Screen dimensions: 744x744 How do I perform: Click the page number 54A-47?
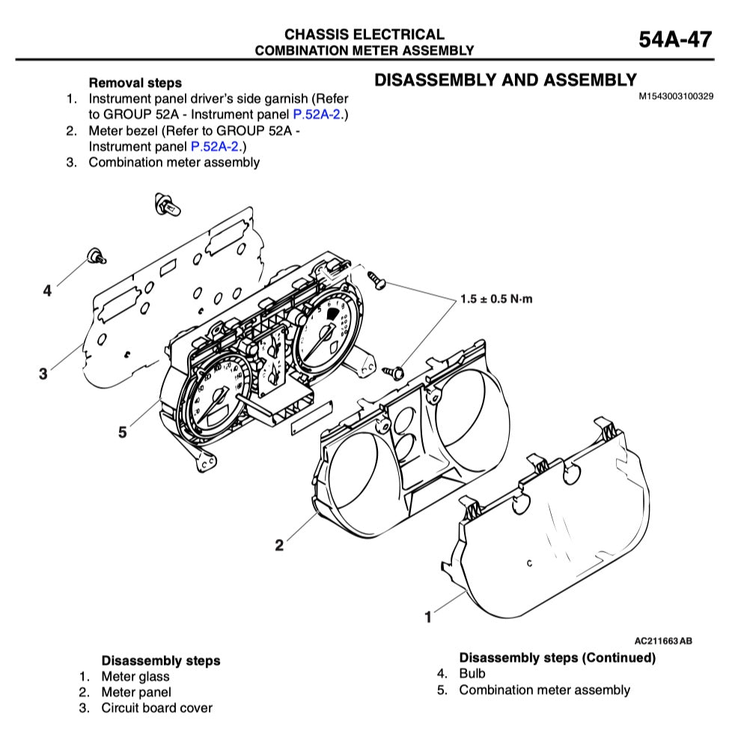point(675,40)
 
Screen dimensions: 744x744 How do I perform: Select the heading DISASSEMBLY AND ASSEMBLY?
point(505,80)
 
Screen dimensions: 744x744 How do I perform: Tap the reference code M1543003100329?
point(675,97)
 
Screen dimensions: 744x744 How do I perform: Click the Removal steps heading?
point(135,83)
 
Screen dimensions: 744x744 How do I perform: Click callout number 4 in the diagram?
point(47,291)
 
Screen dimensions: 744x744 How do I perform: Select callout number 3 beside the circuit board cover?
point(43,373)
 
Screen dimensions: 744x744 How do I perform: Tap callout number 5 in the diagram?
point(122,432)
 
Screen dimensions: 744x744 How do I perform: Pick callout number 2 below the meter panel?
point(279,545)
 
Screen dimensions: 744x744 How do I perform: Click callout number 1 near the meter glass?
point(428,618)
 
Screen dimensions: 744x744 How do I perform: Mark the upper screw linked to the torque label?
point(376,280)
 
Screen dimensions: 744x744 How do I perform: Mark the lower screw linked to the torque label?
point(392,370)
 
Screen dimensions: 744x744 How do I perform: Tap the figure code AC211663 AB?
point(662,641)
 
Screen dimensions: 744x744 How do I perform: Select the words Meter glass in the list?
point(135,677)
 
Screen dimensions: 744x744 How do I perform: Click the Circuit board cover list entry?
point(156,708)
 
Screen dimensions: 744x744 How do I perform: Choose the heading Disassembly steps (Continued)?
point(557,658)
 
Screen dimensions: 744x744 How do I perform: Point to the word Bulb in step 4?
point(472,674)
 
